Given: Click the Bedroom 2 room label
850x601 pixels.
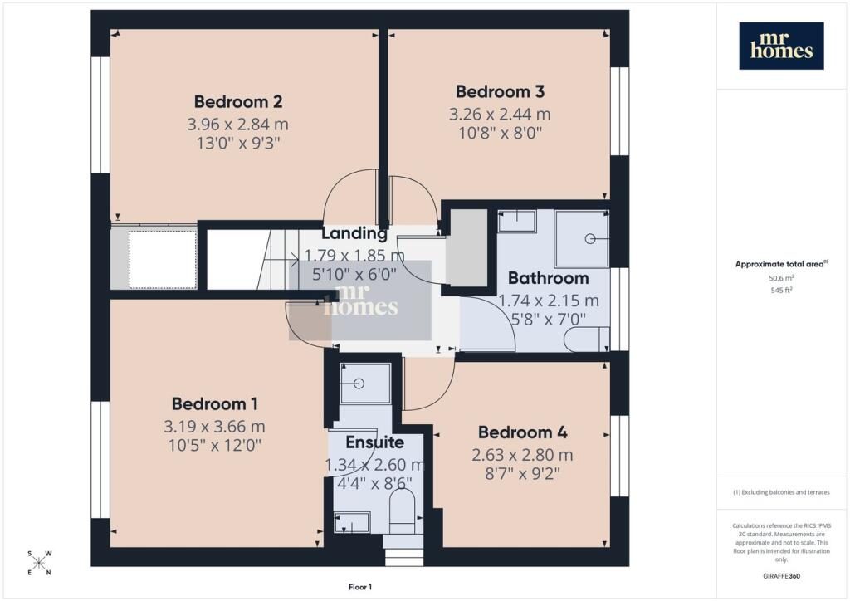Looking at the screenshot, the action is point(238,101).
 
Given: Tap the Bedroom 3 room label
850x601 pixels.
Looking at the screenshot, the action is point(500,91).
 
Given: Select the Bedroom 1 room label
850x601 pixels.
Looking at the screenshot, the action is point(215,403).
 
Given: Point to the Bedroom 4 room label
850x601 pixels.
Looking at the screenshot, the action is point(523,432).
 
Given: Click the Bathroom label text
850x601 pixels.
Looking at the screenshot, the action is point(548,278).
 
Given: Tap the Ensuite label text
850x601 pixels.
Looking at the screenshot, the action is point(374,442).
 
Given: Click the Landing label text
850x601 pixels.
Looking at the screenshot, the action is point(354,233).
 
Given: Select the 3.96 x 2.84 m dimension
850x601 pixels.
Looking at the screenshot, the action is point(238,125).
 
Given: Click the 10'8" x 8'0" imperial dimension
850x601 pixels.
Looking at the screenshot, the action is point(500,133).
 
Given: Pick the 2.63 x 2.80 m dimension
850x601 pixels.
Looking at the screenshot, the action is point(523,455).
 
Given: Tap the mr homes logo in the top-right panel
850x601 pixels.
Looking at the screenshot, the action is point(781,46).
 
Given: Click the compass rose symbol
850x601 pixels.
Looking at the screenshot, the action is point(39,563).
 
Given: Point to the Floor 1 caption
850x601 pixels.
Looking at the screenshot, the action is point(360,587).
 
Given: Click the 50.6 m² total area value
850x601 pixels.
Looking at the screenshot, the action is point(781,278).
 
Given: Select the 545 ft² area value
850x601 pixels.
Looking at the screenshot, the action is point(781,290).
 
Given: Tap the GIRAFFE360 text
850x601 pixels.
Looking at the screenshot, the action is point(781,576).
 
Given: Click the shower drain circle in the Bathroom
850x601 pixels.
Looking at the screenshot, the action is point(590,238).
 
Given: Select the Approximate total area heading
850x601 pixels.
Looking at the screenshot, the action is point(781,265).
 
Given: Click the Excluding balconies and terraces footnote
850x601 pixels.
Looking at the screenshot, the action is point(781,492).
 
